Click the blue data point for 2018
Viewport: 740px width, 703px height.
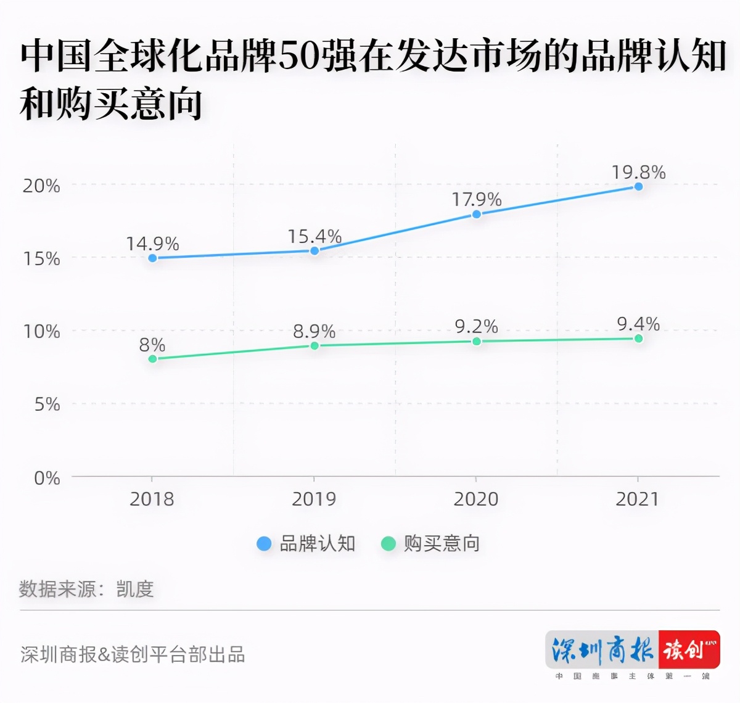153,258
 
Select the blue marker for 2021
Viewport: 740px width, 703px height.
638,186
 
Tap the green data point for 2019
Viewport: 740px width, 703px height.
314,345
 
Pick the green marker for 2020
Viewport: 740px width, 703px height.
476,341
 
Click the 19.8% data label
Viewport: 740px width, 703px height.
638,172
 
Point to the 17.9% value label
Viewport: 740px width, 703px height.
476,199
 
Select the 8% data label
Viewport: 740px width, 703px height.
152,344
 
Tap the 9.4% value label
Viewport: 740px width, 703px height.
638,323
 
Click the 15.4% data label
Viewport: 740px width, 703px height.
314,236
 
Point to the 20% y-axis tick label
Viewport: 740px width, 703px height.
41,186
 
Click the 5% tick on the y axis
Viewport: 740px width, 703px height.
47,404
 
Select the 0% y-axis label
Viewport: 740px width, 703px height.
47,477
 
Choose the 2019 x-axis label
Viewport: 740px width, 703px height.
314,498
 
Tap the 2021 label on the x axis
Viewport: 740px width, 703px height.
638,498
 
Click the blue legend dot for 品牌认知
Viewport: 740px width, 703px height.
264,543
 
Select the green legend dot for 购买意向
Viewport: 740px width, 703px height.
388,543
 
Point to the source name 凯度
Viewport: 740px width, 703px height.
134,588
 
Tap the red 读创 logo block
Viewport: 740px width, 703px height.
689,649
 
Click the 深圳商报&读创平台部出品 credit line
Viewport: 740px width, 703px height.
133,654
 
